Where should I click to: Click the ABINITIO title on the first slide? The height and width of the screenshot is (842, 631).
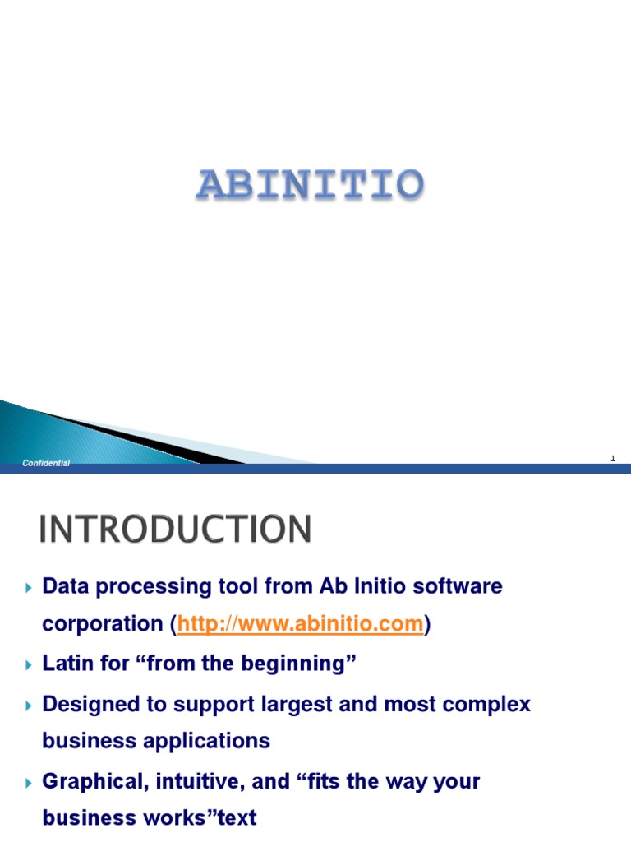tap(310, 186)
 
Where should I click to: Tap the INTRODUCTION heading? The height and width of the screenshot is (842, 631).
tap(175, 529)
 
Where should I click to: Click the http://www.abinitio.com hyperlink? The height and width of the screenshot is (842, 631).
tap(300, 624)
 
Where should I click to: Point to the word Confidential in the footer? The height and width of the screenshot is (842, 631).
tap(46, 464)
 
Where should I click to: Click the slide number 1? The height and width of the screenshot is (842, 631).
tap(613, 459)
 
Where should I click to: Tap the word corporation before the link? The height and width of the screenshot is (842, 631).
tap(104, 624)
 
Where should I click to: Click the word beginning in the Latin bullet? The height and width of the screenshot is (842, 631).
tap(310, 664)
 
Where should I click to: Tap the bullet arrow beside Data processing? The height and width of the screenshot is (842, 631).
tap(29, 587)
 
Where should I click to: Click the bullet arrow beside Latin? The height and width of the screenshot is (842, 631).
tap(29, 664)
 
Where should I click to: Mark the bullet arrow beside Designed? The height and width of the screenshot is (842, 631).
tap(29, 705)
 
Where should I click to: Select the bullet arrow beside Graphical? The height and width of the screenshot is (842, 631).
tap(29, 781)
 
